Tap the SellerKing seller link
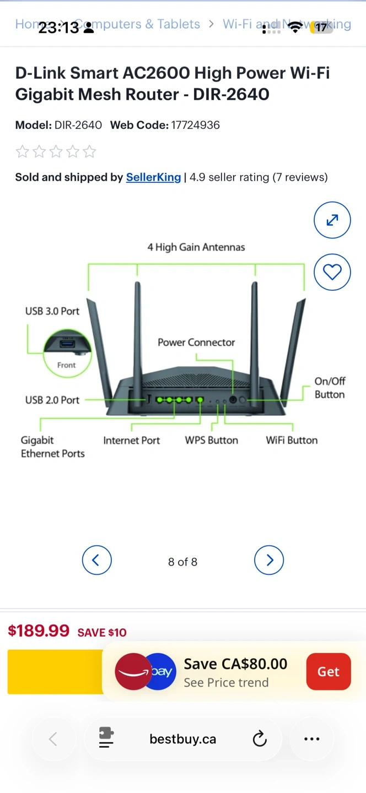153,177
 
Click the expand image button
332,220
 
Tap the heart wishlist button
332,272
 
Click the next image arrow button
269,561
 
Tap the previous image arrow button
97,561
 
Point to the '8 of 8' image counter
182,562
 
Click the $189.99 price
39,631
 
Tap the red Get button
328,671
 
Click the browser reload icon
260,739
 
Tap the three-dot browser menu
311,739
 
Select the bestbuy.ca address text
182,739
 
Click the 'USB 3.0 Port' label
52,311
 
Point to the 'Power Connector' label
196,342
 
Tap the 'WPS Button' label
211,440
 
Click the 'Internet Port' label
131,440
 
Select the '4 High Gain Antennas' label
196,247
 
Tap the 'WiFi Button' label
292,440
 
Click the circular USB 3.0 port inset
66,353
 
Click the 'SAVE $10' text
102,633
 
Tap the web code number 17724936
195,125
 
